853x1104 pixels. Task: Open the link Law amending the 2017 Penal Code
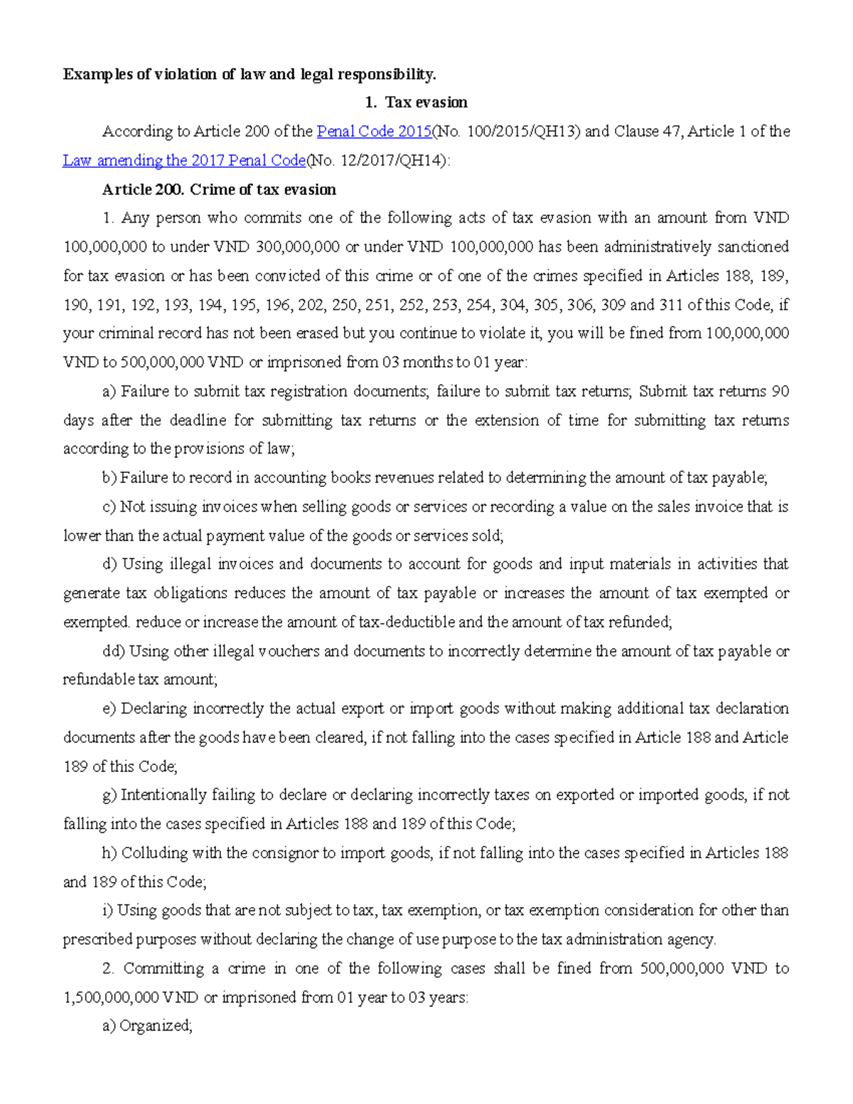[184, 161]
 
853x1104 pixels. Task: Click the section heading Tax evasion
[426, 102]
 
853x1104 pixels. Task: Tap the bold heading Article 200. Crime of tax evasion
[219, 190]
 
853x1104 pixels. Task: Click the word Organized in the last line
[156, 1026]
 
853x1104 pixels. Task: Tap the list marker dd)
[114, 651]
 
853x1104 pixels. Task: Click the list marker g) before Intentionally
[109, 795]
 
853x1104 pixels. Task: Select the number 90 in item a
[780, 392]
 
